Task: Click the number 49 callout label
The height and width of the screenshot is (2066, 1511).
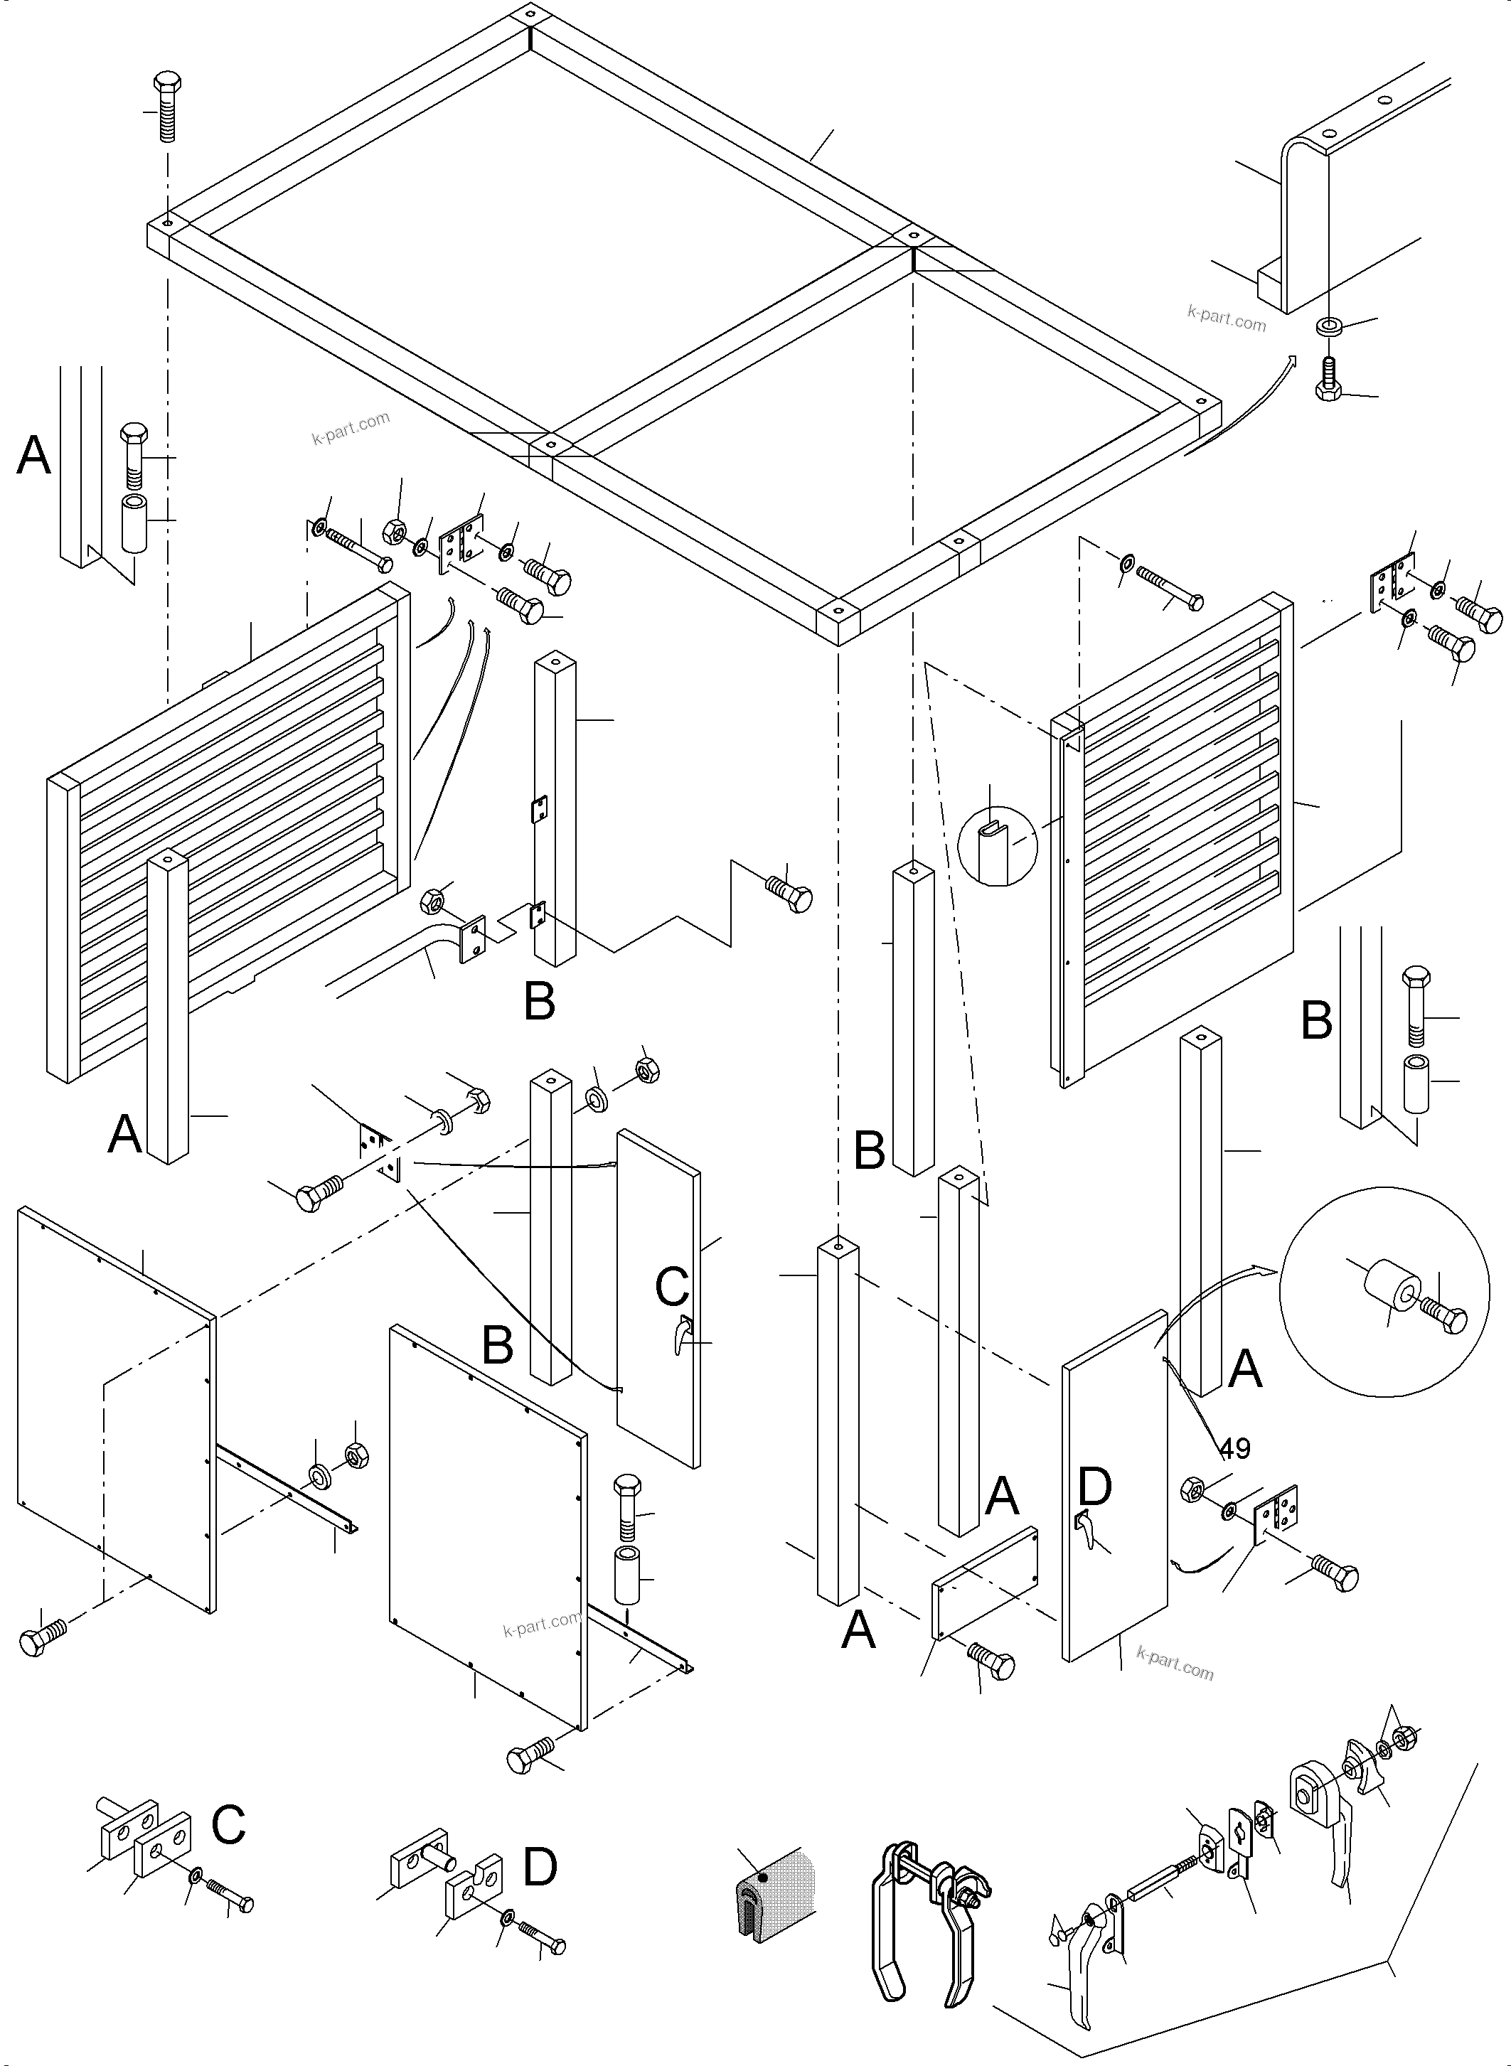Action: point(1235,1449)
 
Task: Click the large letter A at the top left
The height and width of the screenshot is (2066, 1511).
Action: point(34,454)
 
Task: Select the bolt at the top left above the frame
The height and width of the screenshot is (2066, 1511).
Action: point(166,105)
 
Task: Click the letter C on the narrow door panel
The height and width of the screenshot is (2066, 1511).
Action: point(671,1286)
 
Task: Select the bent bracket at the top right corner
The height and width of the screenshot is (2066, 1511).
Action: point(1317,220)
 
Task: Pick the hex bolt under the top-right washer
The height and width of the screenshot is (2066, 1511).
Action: point(1328,379)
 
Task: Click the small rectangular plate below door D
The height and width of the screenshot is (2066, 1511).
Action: point(985,1582)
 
